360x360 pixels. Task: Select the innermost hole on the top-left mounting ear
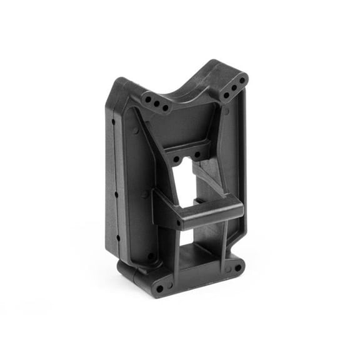pyautogui.click(x=166, y=107)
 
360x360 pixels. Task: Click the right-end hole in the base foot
pyautogui.click(x=237, y=268)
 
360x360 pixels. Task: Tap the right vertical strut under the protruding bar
pyautogui.click(x=222, y=241)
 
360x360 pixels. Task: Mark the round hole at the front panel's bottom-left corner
pyautogui.click(x=152, y=256)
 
